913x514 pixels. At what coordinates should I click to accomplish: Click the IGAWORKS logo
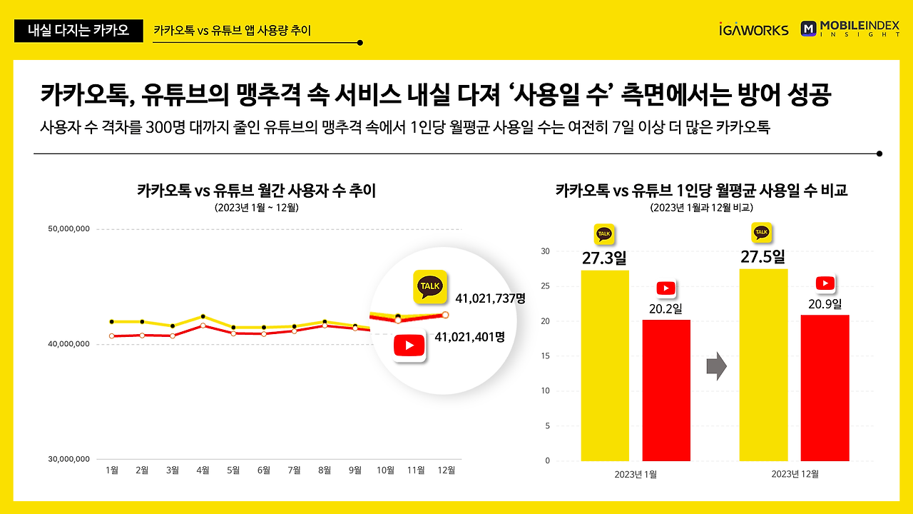click(754, 29)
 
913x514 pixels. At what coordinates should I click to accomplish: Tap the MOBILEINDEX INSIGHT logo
click(850, 29)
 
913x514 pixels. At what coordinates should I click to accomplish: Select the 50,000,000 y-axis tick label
click(69, 229)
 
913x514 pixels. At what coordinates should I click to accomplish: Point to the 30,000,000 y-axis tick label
click(69, 459)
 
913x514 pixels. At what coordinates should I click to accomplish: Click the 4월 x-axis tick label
click(203, 470)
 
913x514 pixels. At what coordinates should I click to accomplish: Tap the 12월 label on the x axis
click(446, 470)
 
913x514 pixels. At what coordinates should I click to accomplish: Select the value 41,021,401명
click(469, 337)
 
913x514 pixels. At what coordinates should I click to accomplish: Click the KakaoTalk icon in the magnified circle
click(430, 287)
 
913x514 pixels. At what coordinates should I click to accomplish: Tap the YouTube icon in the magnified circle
click(409, 346)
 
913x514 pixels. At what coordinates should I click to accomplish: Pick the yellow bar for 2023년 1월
click(605, 366)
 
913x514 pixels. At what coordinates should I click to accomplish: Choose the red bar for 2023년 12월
click(825, 388)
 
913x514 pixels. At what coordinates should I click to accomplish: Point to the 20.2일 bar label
click(665, 308)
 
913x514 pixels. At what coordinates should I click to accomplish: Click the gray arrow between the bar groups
click(716, 367)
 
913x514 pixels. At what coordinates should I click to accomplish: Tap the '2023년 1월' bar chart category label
click(636, 474)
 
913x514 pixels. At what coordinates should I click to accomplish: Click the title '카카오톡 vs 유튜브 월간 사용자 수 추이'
click(256, 191)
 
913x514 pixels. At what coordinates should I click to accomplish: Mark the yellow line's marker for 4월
click(203, 316)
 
